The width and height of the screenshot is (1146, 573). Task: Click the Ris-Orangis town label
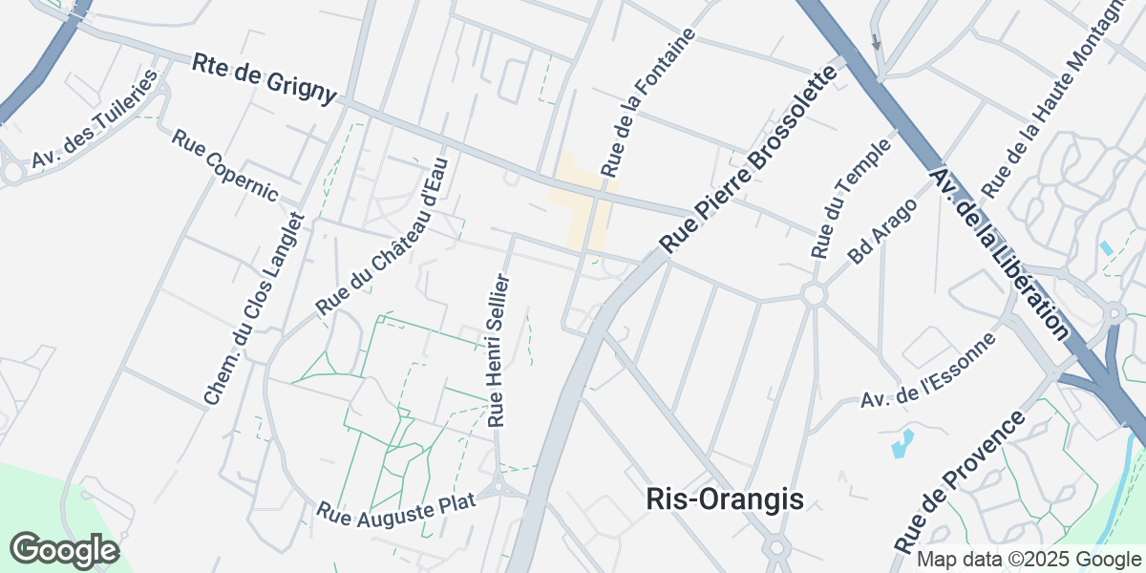tap(725, 499)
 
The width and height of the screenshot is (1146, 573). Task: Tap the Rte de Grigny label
tap(265, 78)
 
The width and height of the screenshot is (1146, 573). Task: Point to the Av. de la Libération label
tap(1002, 253)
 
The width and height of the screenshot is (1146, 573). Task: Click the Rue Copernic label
tap(224, 165)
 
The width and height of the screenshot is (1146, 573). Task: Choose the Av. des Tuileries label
tap(93, 119)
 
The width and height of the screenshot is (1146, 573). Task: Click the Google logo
tap(64, 550)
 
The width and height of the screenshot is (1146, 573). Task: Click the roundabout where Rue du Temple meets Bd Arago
tap(814, 294)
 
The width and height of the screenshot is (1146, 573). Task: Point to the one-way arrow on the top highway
tap(876, 42)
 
